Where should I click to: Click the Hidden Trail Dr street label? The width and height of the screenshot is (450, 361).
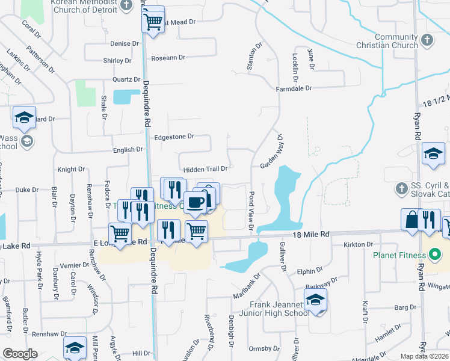point(205,170)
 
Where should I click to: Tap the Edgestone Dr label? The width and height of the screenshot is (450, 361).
point(174,137)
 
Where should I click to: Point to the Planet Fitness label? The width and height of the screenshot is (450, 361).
point(399,255)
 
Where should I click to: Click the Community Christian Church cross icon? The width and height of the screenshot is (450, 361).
point(427,40)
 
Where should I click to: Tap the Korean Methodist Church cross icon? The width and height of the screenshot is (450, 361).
point(126,5)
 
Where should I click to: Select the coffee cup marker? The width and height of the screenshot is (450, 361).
point(194,203)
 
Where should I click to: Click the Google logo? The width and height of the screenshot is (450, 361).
point(20,354)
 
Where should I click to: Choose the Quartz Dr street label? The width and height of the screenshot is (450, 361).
point(126,79)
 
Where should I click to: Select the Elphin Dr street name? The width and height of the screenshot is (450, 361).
point(310,272)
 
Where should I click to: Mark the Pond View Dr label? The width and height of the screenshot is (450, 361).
point(251,211)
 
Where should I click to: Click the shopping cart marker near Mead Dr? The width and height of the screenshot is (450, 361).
point(153,22)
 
